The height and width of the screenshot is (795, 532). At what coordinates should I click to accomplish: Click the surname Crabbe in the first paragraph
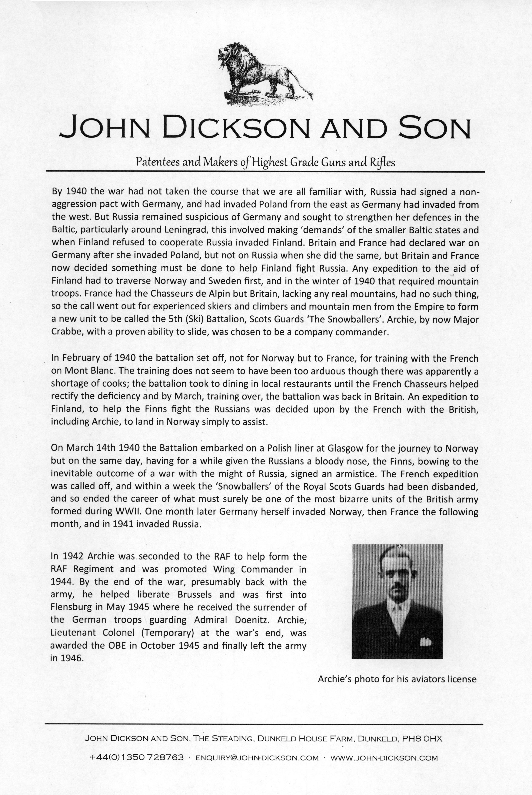[x=66, y=332]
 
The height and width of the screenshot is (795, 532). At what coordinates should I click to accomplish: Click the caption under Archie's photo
[x=397, y=679]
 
